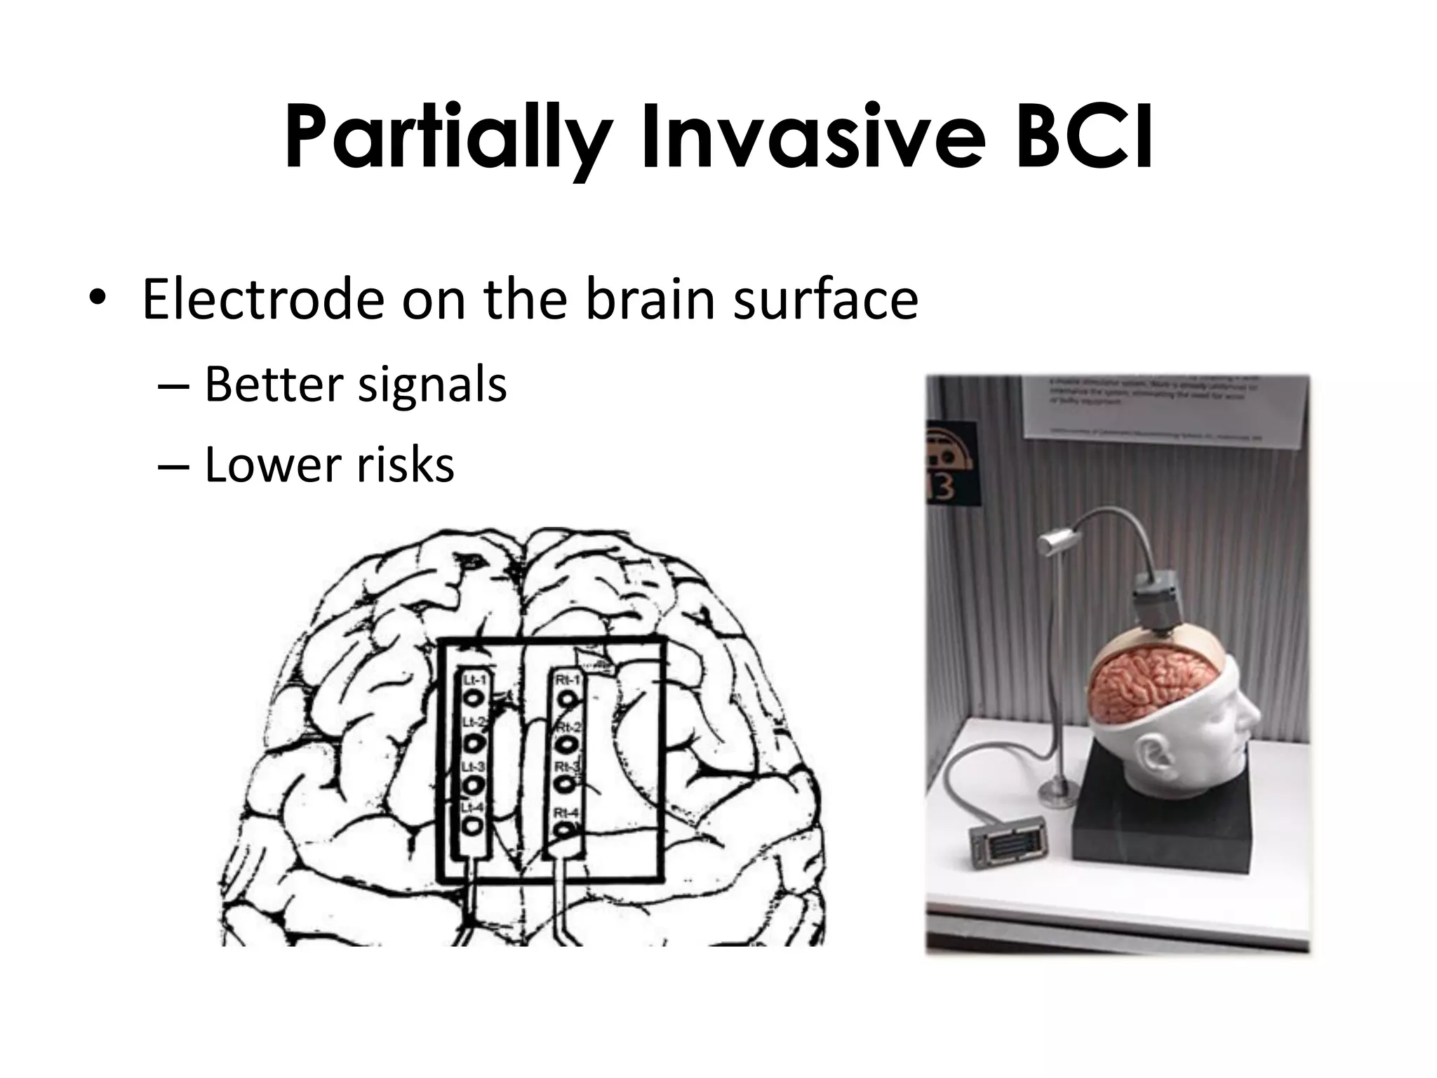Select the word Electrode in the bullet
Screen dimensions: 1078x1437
point(263,300)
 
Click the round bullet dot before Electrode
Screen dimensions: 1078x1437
point(98,301)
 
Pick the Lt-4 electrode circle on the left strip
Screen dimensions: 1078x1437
point(474,825)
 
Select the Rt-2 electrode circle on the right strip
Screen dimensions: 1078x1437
point(567,743)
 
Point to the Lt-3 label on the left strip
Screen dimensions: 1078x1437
point(472,766)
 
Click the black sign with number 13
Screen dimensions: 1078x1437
point(951,463)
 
